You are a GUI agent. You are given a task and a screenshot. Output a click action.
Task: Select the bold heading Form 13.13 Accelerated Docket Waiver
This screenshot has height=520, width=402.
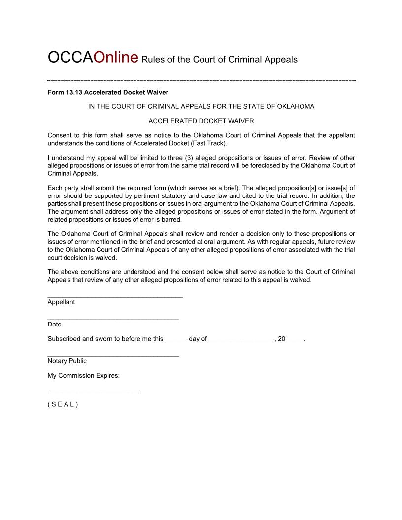coord(108,92)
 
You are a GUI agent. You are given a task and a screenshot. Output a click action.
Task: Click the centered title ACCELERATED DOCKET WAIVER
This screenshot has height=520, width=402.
coord(201,121)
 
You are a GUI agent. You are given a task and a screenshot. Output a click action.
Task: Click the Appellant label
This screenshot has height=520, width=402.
coord(61,302)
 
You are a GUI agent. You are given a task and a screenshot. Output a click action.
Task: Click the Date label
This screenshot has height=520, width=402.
coord(54,325)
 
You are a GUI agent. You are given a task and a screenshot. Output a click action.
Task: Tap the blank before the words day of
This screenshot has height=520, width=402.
coord(176,341)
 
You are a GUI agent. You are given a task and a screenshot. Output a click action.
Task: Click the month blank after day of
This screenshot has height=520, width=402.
coord(241,341)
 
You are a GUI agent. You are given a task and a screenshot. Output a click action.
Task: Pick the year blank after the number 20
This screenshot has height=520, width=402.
coord(295,341)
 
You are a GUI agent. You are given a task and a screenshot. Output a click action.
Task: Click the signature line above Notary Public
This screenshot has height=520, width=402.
coord(113,356)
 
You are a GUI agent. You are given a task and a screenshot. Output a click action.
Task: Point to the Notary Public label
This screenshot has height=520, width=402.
coord(67,361)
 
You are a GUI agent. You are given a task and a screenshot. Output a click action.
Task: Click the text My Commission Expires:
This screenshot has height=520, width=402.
coord(84,376)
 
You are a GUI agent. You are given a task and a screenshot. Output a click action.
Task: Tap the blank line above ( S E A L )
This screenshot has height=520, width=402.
coord(93,392)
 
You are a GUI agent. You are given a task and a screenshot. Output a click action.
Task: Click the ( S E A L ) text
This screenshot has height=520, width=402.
coord(63,405)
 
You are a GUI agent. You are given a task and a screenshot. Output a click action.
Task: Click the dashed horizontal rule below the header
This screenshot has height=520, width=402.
coord(201,80)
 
